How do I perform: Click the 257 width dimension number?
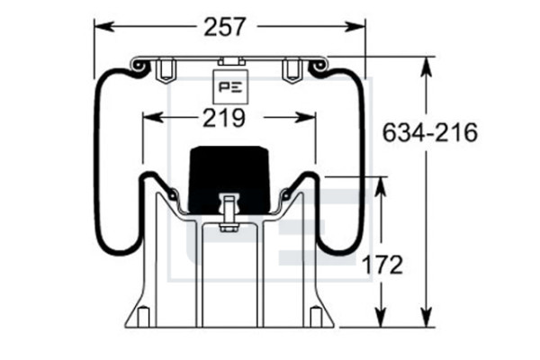pyautogui.click(x=225, y=27)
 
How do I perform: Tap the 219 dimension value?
pyautogui.click(x=224, y=118)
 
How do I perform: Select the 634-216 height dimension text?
pyautogui.click(x=430, y=132)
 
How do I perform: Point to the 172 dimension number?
pyautogui.click(x=382, y=265)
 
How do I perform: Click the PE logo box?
pyautogui.click(x=230, y=86)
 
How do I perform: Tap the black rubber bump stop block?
pyautogui.click(x=229, y=179)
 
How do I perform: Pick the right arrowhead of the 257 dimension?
pyautogui.click(x=355, y=26)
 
